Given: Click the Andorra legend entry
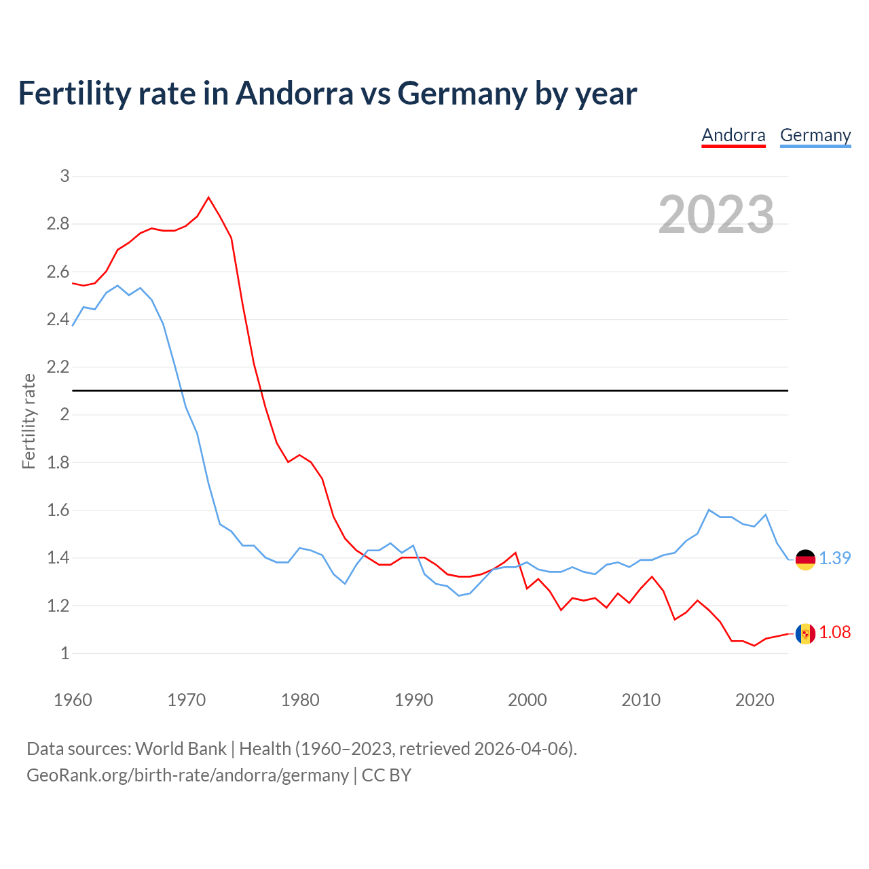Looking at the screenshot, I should coord(733,135).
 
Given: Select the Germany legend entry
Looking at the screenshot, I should coord(815,135).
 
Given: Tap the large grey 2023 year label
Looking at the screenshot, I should coord(716,215).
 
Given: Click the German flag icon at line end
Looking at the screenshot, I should coord(805,559).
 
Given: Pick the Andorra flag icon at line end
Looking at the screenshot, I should coord(805,633).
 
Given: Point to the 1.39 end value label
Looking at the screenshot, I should coord(834,558).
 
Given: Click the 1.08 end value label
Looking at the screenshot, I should coord(834,632).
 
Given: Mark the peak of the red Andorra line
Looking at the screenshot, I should coord(208,198).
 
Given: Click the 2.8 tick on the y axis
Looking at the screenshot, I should coord(58,223).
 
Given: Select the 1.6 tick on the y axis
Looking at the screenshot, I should coord(58,510).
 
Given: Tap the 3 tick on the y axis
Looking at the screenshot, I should coord(64,176).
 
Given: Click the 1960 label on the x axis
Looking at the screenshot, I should coord(73,700).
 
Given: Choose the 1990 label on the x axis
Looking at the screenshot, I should coord(413,700).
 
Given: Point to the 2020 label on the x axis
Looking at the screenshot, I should coord(754,700).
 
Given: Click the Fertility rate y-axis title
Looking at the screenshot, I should coord(29,421).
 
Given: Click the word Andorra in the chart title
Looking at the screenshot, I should coord(294,94).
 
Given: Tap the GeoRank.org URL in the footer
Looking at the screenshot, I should coord(187,775).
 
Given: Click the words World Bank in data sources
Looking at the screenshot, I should coord(181,749).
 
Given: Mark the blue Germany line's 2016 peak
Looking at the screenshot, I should coord(709,510).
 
